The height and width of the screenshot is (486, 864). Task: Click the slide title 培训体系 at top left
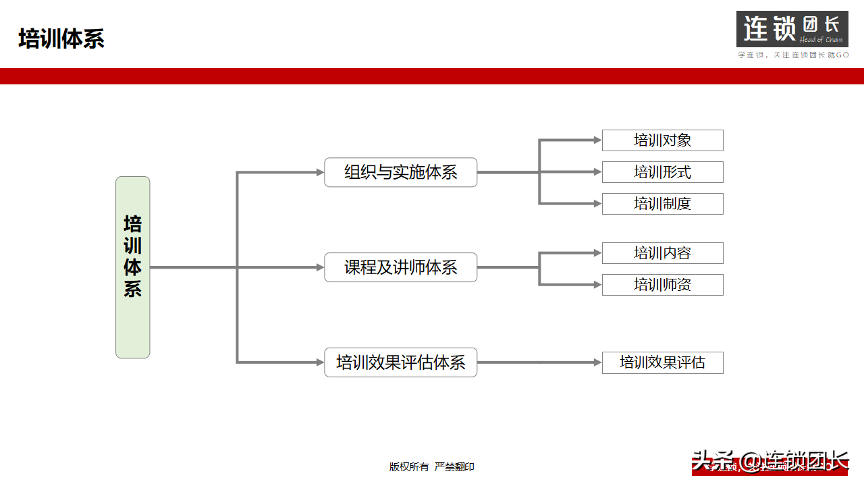pyautogui.click(x=61, y=39)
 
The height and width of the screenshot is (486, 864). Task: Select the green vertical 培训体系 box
pyautogui.click(x=132, y=267)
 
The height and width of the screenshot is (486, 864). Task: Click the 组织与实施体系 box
pyautogui.click(x=400, y=172)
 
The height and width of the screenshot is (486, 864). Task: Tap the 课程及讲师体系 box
pyautogui.click(x=400, y=267)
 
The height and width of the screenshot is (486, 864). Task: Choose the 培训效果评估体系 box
pyautogui.click(x=400, y=362)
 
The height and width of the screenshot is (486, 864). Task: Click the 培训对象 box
pyautogui.click(x=662, y=140)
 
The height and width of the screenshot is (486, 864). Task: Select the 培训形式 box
pyautogui.click(x=662, y=172)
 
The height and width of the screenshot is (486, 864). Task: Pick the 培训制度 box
pyautogui.click(x=662, y=204)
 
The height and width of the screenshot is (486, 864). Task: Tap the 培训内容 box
pyautogui.click(x=662, y=253)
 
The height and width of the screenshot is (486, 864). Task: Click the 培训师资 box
pyautogui.click(x=662, y=285)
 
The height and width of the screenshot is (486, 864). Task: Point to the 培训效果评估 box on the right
pyautogui.click(x=662, y=362)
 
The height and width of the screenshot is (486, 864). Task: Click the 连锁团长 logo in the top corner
pyautogui.click(x=792, y=29)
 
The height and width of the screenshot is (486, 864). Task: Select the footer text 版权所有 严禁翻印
pyautogui.click(x=432, y=466)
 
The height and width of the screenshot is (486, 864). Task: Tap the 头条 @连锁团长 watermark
pyautogui.click(x=769, y=462)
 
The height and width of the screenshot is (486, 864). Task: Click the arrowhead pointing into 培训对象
pyautogui.click(x=597, y=140)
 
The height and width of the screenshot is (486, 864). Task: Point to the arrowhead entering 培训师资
pyautogui.click(x=597, y=285)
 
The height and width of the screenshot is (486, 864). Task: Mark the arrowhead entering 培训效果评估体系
pyautogui.click(x=321, y=362)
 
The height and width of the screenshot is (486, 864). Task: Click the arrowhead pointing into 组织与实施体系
pyautogui.click(x=321, y=172)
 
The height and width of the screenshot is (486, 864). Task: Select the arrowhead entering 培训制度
pyautogui.click(x=597, y=204)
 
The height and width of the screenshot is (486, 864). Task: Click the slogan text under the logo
pyautogui.click(x=792, y=55)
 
